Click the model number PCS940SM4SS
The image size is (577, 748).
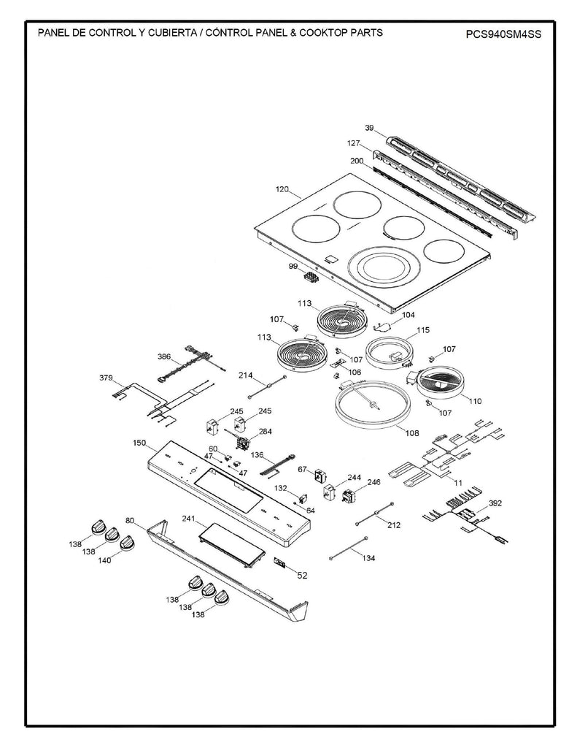504,34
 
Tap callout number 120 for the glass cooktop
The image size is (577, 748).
282,190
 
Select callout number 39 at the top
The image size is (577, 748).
369,129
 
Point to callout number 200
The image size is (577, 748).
357,161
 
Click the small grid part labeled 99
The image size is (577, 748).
312,278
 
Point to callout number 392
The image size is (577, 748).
495,503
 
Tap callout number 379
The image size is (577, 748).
107,378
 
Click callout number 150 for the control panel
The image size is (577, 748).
139,443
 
